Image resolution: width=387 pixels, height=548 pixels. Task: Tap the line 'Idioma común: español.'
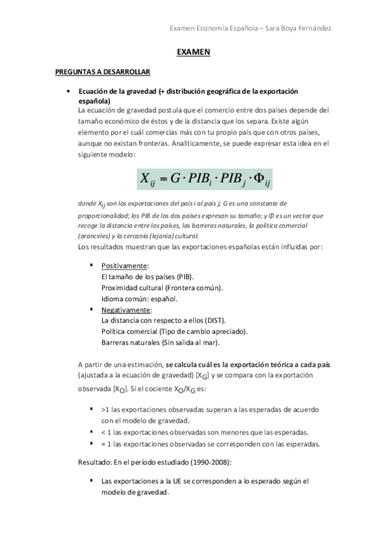[x=139, y=299]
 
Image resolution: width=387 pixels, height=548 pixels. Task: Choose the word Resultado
[x=94, y=463]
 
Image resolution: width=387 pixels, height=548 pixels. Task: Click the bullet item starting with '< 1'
[x=204, y=432]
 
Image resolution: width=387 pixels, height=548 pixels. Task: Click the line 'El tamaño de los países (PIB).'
[x=148, y=277]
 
